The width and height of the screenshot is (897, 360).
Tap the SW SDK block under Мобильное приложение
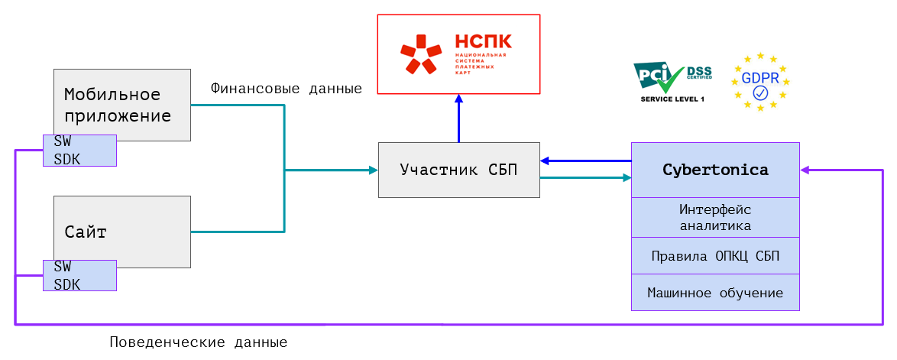pyautogui.click(x=79, y=151)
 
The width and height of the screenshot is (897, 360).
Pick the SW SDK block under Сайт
pyautogui.click(x=79, y=275)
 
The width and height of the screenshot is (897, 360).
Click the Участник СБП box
pyautogui.click(x=458, y=170)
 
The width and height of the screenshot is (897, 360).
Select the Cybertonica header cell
pyautogui.click(x=715, y=170)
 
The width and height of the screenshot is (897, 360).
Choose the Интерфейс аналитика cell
pyautogui.click(x=715, y=217)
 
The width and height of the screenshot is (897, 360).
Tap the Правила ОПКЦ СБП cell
pyautogui.click(x=715, y=255)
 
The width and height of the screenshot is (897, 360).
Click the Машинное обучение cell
pyautogui.click(x=715, y=293)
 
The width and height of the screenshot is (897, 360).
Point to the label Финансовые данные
pyautogui.click(x=286, y=89)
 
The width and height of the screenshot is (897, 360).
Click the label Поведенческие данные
pyautogui.click(x=198, y=342)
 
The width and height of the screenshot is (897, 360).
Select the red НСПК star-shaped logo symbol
pyautogui.click(x=420, y=54)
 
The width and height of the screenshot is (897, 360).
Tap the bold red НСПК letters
pyautogui.click(x=483, y=41)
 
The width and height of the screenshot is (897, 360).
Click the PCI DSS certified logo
pyautogui.click(x=672, y=77)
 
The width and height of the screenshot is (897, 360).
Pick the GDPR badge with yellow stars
pyautogui.click(x=760, y=82)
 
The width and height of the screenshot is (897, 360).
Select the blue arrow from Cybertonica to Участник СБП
pyautogui.click(x=585, y=161)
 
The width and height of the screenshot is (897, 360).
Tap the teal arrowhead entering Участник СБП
pyautogui.click(x=374, y=170)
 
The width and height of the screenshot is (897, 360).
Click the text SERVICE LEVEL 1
pyautogui.click(x=672, y=99)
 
